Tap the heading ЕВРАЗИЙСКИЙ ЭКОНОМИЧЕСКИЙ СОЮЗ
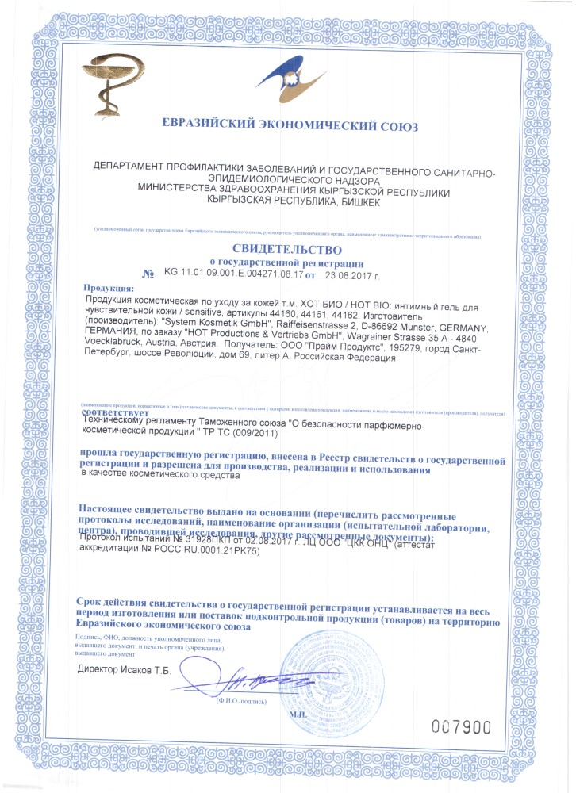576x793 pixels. click(x=289, y=125)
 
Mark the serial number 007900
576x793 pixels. click(x=462, y=726)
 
